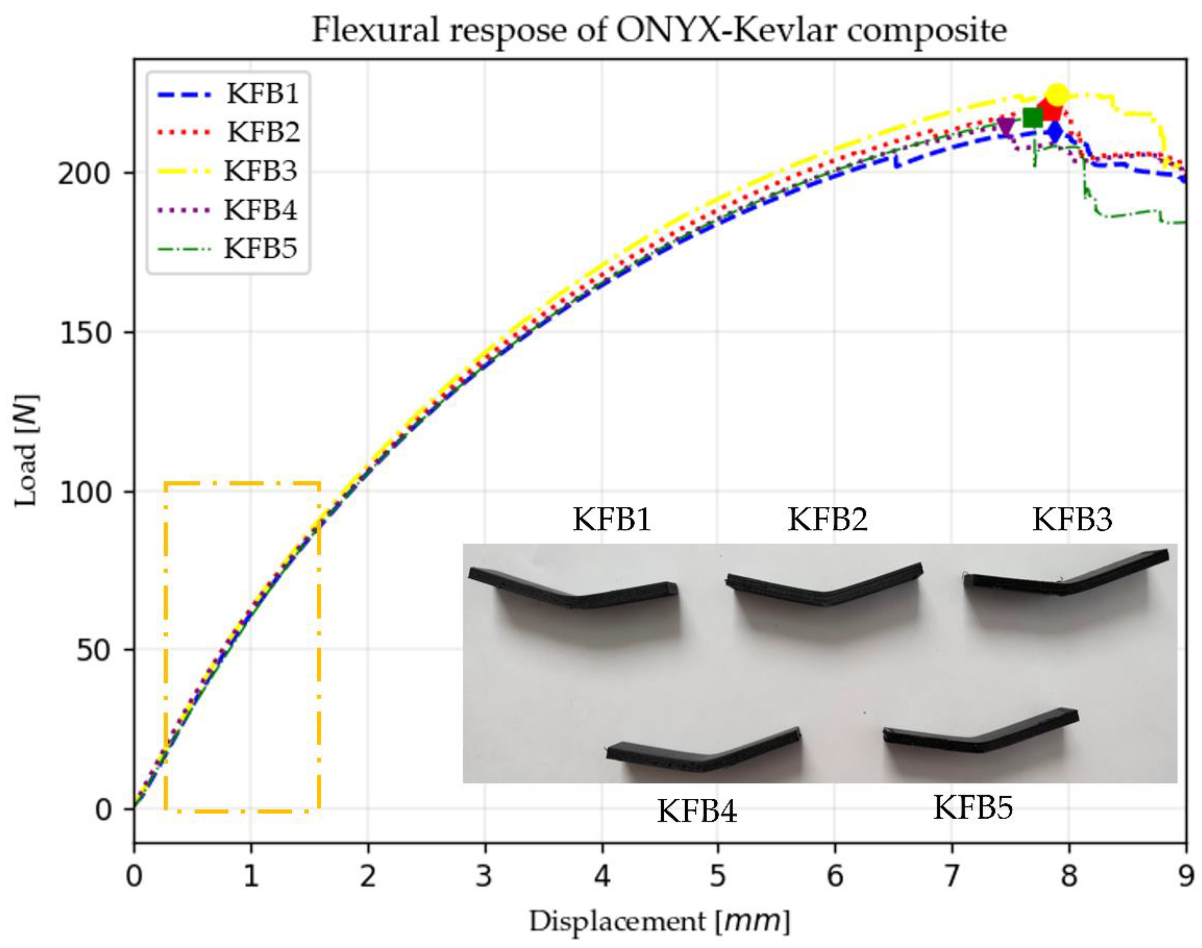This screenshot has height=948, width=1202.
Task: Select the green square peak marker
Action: click(x=1032, y=118)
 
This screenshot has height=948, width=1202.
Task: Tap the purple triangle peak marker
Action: click(x=1005, y=127)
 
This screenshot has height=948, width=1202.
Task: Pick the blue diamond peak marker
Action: click(x=1055, y=132)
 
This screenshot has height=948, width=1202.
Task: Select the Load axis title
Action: click(x=27, y=451)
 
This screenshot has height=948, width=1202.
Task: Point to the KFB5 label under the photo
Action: click(x=973, y=808)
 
